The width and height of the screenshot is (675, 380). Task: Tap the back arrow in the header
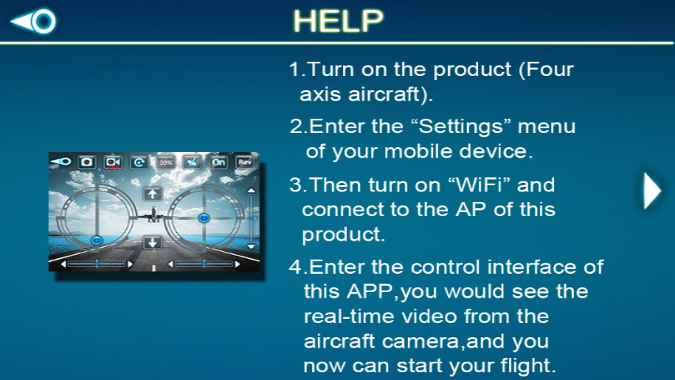(x=34, y=21)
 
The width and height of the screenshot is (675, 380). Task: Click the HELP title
(x=338, y=21)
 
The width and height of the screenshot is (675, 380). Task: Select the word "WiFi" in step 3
(x=480, y=185)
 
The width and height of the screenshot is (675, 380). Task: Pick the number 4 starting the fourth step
(x=294, y=266)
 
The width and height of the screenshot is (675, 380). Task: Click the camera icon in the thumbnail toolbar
(x=86, y=161)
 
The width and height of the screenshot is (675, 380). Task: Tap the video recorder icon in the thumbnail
(x=113, y=161)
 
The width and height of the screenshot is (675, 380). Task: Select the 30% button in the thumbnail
(x=165, y=161)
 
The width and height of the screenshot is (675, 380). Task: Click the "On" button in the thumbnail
(x=218, y=161)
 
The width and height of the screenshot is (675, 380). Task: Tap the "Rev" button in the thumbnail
(x=245, y=161)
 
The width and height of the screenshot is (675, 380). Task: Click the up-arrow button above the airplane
(x=152, y=192)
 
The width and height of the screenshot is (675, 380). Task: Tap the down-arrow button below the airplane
(x=152, y=242)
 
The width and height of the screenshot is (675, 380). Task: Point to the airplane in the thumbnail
(x=153, y=214)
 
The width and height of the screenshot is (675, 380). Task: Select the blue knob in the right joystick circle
(x=204, y=216)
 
